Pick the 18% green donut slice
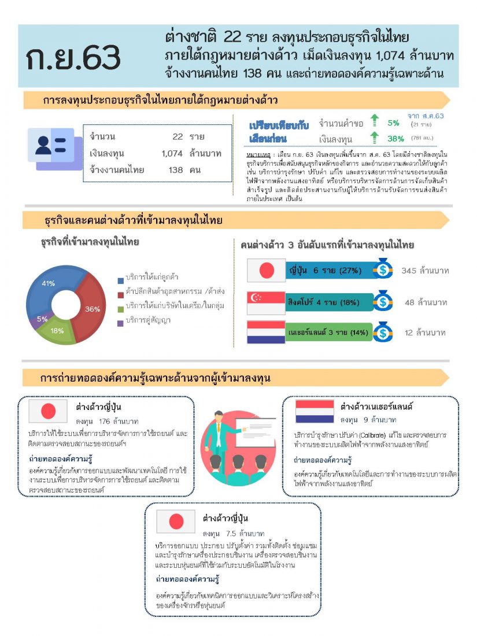point(58,330)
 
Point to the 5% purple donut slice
point(42,319)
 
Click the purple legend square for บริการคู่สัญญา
point(120,320)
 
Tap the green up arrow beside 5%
point(375,121)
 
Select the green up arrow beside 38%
point(375,138)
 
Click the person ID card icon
point(50,145)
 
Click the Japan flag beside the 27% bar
point(266,270)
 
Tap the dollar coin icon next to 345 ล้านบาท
point(382,270)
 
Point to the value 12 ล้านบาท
point(425,333)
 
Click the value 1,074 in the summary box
point(172,153)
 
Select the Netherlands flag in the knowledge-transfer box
point(315,411)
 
